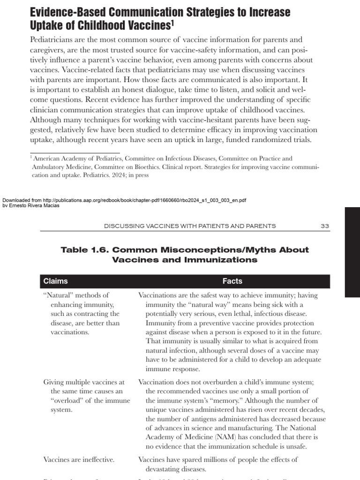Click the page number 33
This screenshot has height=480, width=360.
(325, 225)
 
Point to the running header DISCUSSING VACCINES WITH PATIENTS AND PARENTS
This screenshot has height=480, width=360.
(190, 225)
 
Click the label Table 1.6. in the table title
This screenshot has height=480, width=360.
(85, 250)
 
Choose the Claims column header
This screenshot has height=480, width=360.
(55, 281)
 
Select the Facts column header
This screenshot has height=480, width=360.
(232, 281)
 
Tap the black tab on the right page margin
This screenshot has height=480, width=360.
(352, 252)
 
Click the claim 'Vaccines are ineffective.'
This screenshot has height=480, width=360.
(79, 459)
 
